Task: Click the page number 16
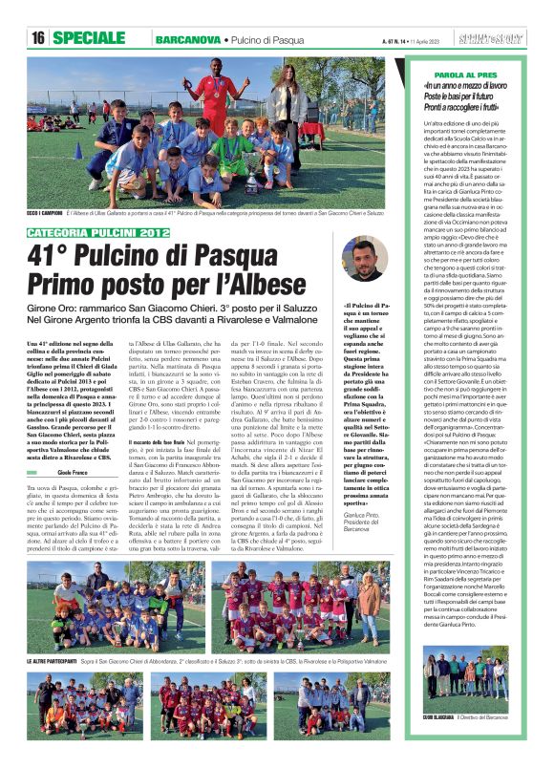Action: click(38, 38)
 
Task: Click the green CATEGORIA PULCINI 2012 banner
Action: click(86, 232)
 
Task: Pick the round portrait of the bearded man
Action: click(363, 259)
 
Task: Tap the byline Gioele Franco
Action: click(71, 446)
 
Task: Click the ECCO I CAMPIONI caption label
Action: click(45, 213)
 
